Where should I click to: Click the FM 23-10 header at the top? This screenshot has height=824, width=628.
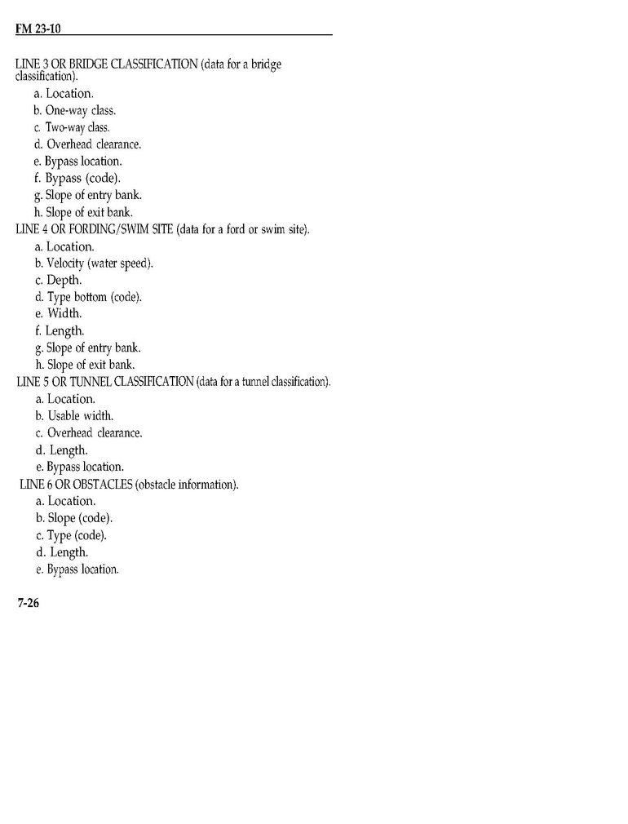coord(39,29)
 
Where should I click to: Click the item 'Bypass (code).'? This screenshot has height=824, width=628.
coord(79,178)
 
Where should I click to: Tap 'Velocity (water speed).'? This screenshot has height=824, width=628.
coord(94,264)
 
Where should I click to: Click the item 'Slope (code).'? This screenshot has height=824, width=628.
coord(74,518)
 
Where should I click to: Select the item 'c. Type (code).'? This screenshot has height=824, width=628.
coord(71,535)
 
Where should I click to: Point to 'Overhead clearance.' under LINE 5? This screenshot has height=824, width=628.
coord(89,433)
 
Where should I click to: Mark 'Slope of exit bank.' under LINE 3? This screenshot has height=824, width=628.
coord(84,212)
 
